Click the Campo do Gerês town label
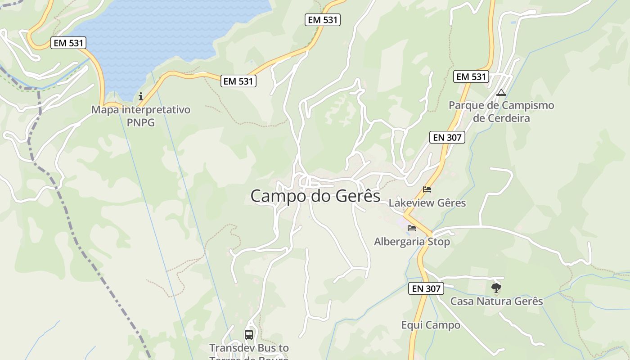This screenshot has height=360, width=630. click(x=315, y=196)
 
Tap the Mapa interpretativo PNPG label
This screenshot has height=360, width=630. click(x=141, y=116)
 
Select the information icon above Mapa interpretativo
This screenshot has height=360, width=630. click(x=141, y=96)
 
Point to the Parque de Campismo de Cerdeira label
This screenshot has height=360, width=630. click(x=501, y=112)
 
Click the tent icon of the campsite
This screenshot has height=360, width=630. click(x=501, y=93)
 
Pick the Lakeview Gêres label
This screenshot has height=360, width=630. click(x=427, y=203)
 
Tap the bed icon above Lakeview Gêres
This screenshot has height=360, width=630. click(x=427, y=189)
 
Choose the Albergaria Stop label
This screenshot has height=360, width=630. click(x=412, y=242)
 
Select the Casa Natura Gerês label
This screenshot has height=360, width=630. click(x=496, y=301)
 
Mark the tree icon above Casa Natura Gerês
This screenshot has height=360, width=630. click(x=496, y=288)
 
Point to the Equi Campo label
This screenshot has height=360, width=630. click(x=431, y=325)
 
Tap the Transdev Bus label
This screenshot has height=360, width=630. click(x=249, y=348)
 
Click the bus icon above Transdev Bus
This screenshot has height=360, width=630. click(x=249, y=334)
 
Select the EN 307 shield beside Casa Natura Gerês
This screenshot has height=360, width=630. click(x=426, y=288)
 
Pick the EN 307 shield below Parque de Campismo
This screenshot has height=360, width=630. click(x=447, y=137)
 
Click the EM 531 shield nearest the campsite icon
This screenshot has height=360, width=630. click(x=471, y=76)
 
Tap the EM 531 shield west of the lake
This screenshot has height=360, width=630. click(x=68, y=43)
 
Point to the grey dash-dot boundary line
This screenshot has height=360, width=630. click(x=90, y=252)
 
